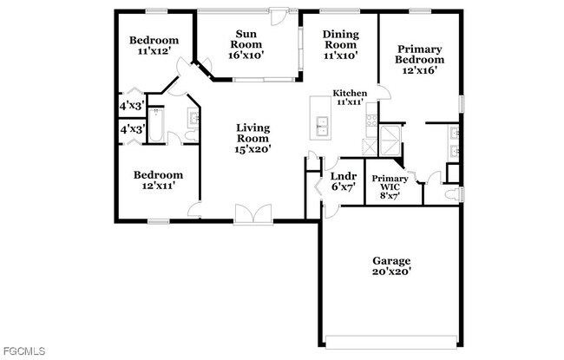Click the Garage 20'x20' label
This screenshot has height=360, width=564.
coord(391,265)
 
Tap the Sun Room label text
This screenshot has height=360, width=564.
coord(246,44)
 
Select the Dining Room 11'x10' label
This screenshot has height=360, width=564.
coord(340,44)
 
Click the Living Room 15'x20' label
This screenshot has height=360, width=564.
coord(253,138)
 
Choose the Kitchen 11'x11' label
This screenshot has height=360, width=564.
coord(351,97)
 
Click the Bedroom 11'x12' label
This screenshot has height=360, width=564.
coord(154,46)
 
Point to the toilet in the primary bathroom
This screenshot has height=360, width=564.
coord(452,193)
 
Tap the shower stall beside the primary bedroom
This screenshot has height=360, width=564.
coord(391,139)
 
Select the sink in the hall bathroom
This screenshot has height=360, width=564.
coord(193,118)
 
